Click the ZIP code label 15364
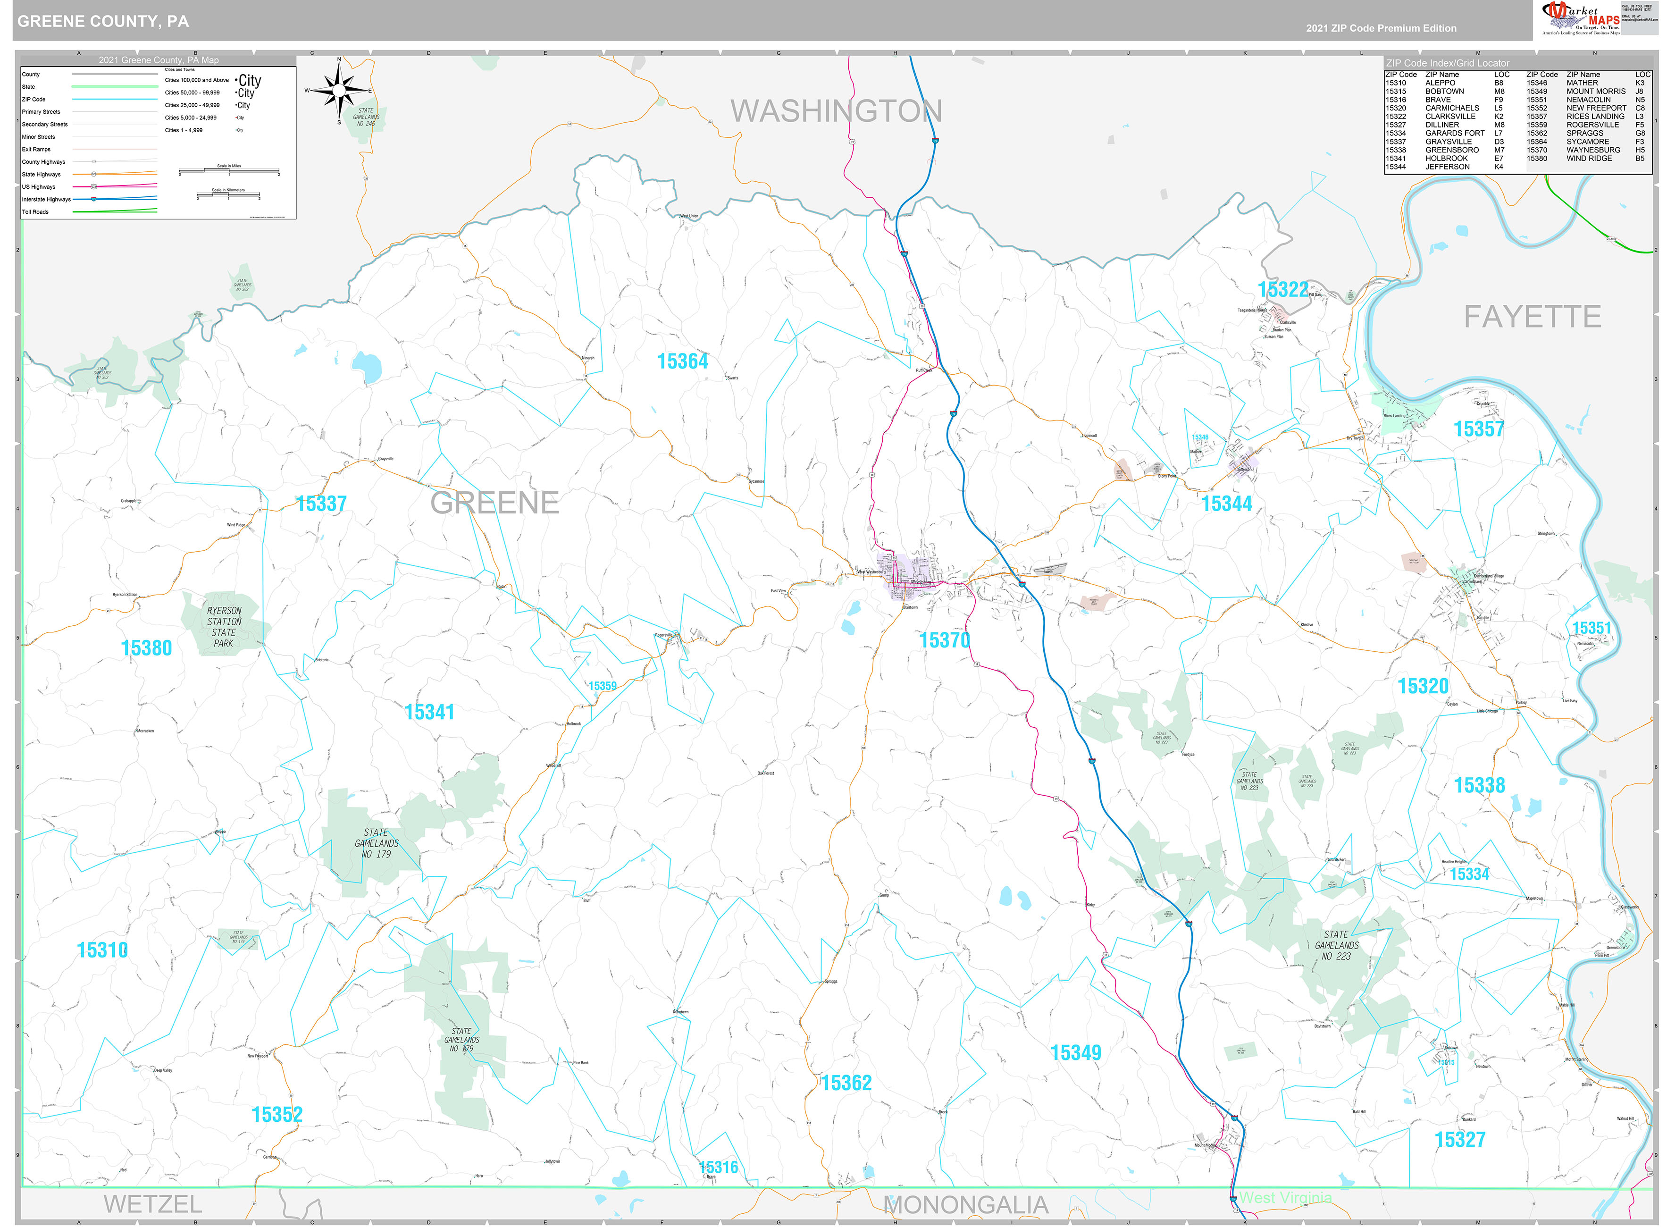682,361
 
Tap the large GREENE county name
494,503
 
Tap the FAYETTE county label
1532,317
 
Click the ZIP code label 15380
146,648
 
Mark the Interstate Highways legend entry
46,199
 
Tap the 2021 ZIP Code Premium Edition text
1381,28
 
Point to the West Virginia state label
1285,1198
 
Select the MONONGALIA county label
965,1205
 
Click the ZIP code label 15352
277,1115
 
